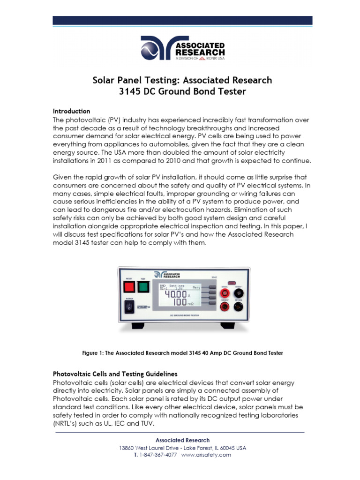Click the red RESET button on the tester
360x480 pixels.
[129, 286]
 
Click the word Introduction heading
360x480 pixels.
[71, 112]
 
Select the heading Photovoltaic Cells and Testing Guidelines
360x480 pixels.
[115, 374]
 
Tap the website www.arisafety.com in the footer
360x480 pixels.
[206, 455]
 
